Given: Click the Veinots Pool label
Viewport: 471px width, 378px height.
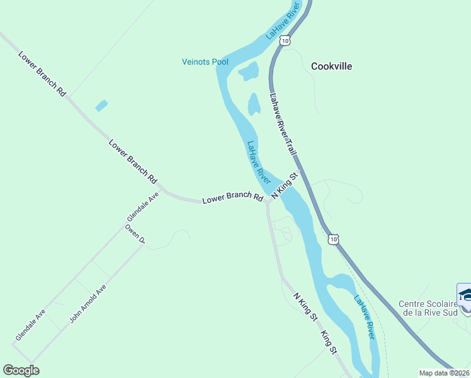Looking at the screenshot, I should pyautogui.click(x=205, y=62).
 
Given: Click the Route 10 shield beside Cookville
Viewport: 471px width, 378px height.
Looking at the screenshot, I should pyautogui.click(x=286, y=40).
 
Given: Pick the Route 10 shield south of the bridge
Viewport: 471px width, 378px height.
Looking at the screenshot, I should pyautogui.click(x=334, y=239).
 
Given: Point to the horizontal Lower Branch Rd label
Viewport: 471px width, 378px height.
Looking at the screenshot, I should pyautogui.click(x=232, y=200).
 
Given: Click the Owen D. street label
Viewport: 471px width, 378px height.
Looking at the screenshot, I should pyautogui.click(x=135, y=233).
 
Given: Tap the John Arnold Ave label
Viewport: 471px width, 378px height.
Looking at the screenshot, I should pyautogui.click(x=88, y=304).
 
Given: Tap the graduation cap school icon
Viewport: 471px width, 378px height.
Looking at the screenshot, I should pyautogui.click(x=465, y=295).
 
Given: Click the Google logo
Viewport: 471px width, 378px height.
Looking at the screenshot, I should pyautogui.click(x=21, y=370).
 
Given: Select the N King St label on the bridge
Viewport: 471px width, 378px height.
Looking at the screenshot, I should pyautogui.click(x=283, y=186).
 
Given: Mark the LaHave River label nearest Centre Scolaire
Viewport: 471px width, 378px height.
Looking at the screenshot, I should pyautogui.click(x=364, y=318).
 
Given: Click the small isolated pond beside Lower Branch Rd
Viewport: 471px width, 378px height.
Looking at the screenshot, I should pyautogui.click(x=101, y=106).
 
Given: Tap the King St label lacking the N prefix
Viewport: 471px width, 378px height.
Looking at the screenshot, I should pyautogui.click(x=329, y=342).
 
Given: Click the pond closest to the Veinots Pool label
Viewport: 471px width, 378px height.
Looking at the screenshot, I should pyautogui.click(x=248, y=71).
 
